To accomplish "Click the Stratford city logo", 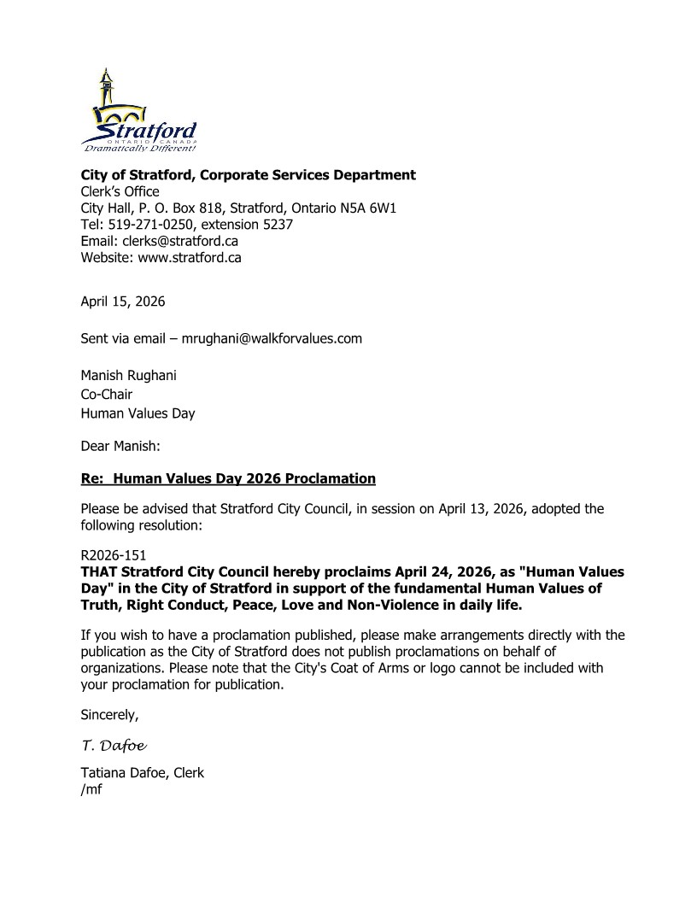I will tap(138, 111).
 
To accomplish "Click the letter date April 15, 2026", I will tap(122, 302).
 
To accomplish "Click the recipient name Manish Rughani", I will tap(128, 376).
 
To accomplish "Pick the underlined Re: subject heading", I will tap(228, 477).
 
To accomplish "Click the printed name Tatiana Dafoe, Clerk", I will tap(142, 773).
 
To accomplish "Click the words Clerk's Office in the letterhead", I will tap(120, 191).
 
